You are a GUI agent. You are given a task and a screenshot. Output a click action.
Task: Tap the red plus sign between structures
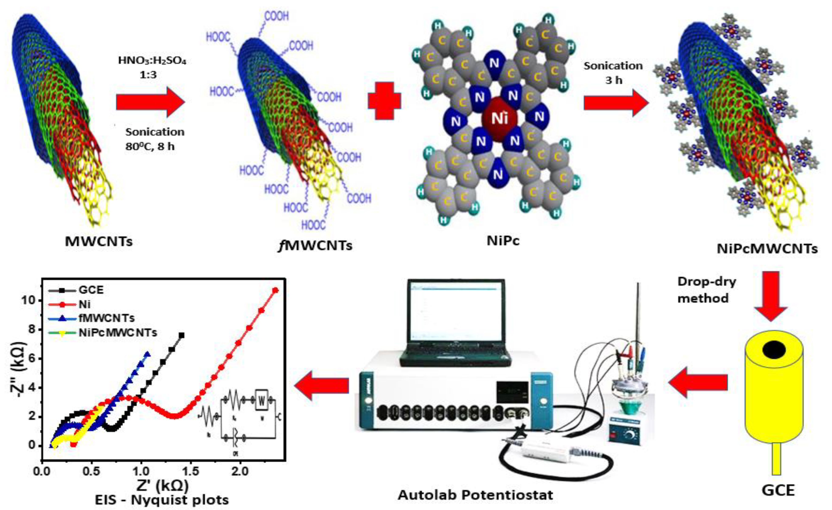[385, 101]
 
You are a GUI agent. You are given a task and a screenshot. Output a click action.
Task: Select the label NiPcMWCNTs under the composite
[767, 249]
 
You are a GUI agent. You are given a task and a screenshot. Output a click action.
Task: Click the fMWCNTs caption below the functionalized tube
[315, 245]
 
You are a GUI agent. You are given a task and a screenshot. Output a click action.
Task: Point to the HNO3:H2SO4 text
[152, 61]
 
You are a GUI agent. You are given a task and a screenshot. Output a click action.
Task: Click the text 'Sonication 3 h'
[613, 73]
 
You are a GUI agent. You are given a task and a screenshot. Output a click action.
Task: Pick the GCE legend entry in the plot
[91, 290]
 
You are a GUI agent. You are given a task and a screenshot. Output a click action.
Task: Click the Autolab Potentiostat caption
[475, 495]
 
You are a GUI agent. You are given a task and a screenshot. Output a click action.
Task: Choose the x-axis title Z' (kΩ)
[163, 486]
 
